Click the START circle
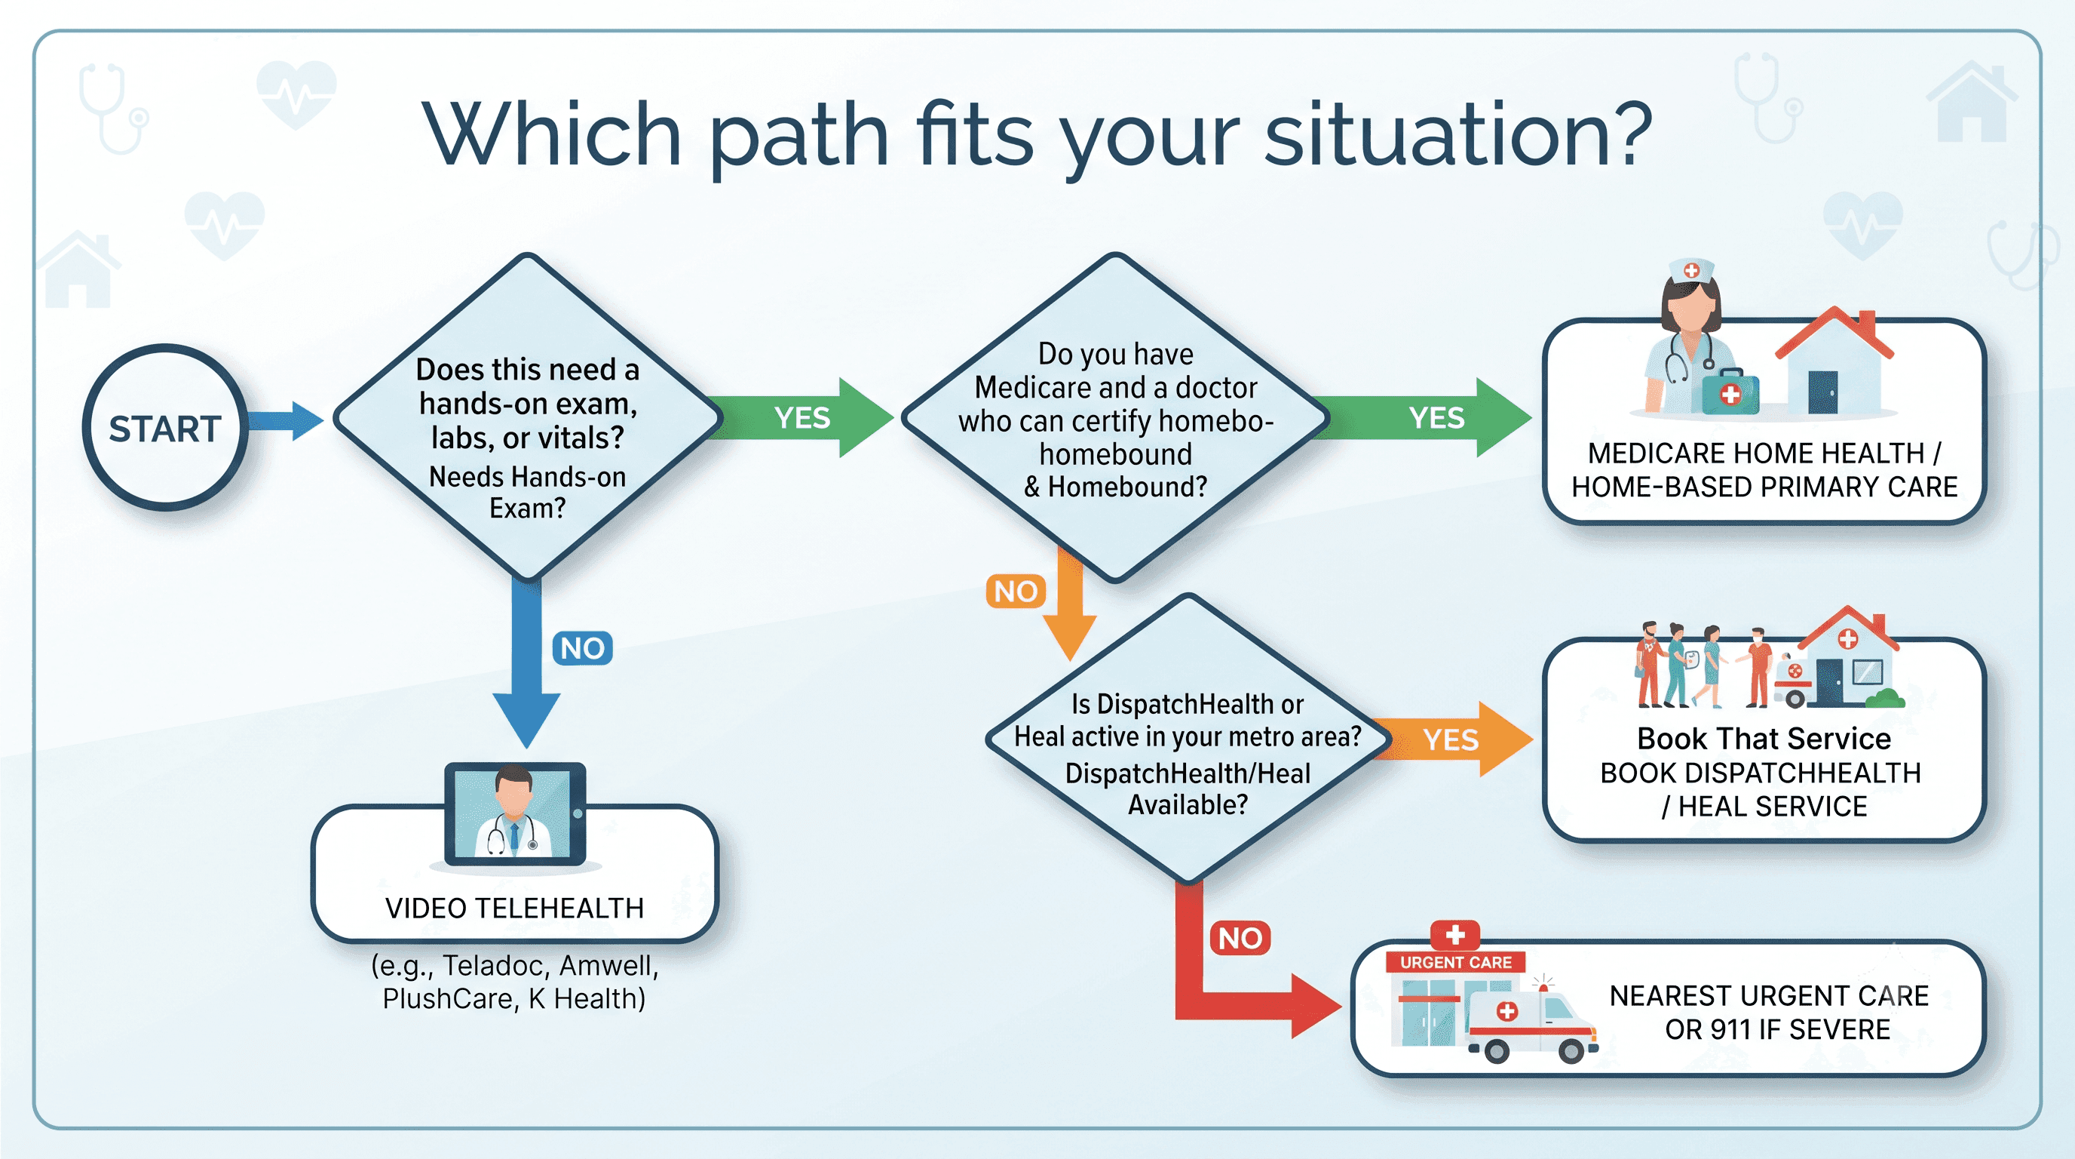click(x=165, y=428)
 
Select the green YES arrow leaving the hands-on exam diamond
click(x=805, y=417)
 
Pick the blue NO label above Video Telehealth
click(x=582, y=648)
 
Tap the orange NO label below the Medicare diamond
click(x=1016, y=592)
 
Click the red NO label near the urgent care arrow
click(x=1240, y=938)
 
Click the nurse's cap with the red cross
click(x=1690, y=272)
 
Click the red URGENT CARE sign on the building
click(x=1455, y=961)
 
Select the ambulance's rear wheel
click(x=1497, y=1050)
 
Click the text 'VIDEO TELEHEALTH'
click(x=515, y=908)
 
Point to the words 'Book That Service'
click(x=1764, y=738)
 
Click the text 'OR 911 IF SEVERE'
click(x=1777, y=1029)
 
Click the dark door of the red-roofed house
click(x=1823, y=392)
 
